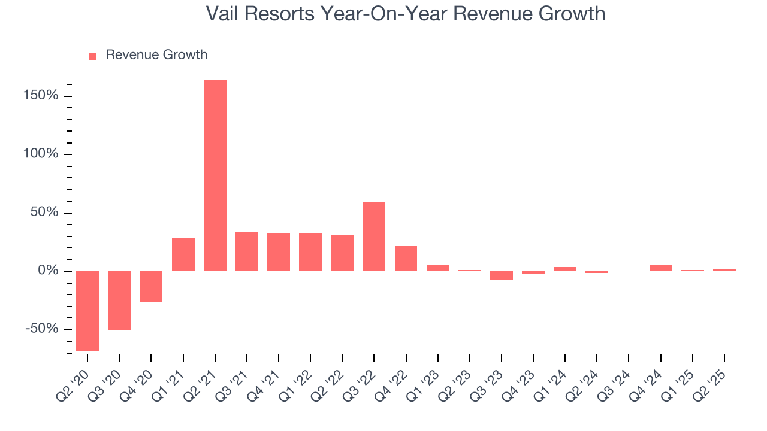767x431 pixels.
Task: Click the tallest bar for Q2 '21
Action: click(215, 175)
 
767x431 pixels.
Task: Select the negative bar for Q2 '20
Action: click(87, 311)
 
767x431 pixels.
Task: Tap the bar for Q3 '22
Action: click(374, 236)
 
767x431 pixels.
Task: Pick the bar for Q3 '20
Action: click(119, 301)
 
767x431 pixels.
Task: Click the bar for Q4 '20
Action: click(151, 286)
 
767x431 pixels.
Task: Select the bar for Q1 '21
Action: click(183, 254)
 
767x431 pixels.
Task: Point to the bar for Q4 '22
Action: click(406, 259)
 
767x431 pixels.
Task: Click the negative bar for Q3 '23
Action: click(502, 275)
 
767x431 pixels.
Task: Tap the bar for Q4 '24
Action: click(661, 268)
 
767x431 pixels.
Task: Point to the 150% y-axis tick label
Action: click(42, 96)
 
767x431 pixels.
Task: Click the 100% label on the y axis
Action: click(42, 154)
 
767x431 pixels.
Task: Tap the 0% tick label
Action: click(48, 271)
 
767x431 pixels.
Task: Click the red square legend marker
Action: click(92, 56)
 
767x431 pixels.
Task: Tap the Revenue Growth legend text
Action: click(156, 55)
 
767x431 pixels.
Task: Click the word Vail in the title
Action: click(225, 14)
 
